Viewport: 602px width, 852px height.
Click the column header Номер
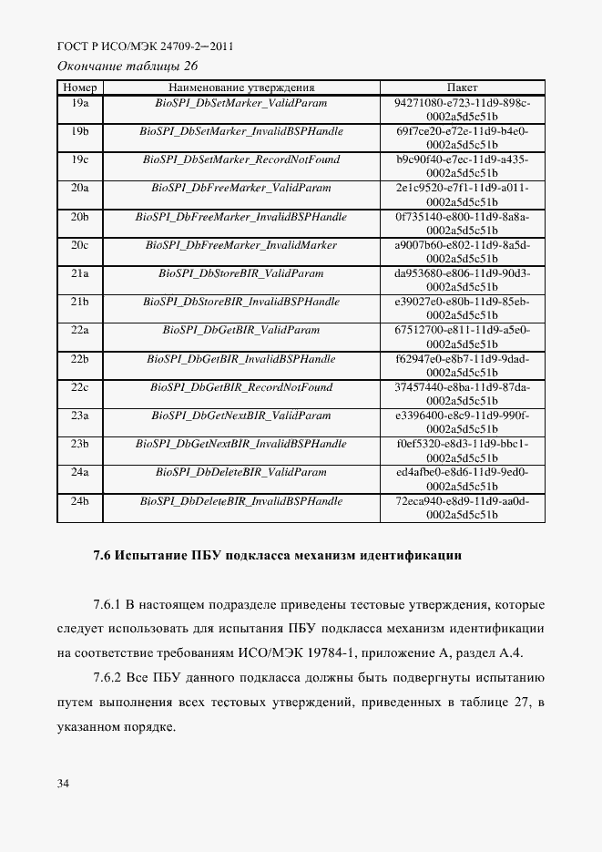79,87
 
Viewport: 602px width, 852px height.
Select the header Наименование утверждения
241,87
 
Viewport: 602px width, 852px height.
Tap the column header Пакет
462,87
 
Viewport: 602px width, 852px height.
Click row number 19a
79,103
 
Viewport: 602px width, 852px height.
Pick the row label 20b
79,217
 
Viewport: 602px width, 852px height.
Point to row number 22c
79,387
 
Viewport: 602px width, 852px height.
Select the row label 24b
79,501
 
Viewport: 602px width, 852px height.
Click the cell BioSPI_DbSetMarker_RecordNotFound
241,159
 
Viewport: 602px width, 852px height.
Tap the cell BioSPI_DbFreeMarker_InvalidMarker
241,245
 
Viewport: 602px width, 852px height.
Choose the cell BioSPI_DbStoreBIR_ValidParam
241,273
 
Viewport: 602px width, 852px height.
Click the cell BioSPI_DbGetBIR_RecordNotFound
241,387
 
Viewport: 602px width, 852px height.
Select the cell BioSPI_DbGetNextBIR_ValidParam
241,416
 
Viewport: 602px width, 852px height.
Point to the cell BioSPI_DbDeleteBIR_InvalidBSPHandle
241,501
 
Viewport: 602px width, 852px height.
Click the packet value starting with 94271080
462,109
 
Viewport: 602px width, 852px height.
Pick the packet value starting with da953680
462,280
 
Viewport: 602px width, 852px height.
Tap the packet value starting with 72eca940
462,508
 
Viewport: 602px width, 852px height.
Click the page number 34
63,783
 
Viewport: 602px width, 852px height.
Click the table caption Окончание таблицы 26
128,66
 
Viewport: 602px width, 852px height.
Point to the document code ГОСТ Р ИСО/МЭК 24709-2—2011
146,46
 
